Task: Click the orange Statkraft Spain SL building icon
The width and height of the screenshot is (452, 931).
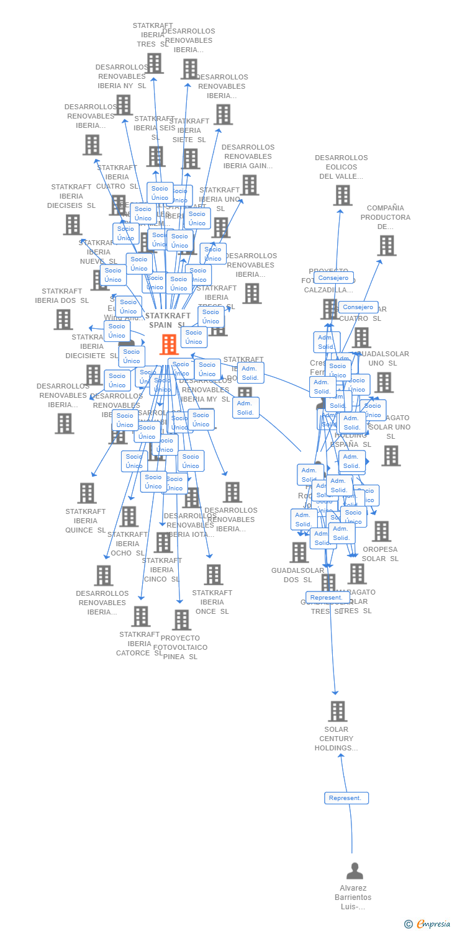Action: click(169, 344)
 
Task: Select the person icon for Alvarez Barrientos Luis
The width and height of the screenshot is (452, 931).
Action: click(355, 871)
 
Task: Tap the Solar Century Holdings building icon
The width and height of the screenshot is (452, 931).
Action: click(337, 711)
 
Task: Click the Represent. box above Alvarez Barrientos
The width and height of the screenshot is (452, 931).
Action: click(346, 798)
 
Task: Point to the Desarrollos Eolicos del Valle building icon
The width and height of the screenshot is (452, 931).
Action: click(342, 196)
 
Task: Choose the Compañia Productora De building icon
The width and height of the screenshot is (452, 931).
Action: click(386, 246)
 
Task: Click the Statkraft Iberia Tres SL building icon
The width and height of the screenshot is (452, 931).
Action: click(154, 63)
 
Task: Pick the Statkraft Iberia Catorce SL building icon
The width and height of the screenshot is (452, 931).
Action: click(141, 616)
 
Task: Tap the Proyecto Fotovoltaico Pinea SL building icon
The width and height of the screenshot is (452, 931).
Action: click(181, 619)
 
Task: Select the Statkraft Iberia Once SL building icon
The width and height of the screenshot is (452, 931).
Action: click(213, 575)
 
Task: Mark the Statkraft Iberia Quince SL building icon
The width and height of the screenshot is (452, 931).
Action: click(87, 493)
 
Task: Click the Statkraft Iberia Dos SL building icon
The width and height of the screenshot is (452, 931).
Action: click(63, 320)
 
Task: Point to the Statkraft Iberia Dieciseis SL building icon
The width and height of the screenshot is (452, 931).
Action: click(72, 225)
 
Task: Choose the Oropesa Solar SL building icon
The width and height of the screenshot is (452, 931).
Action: click(381, 531)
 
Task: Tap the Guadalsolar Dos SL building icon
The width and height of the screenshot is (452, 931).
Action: click(299, 552)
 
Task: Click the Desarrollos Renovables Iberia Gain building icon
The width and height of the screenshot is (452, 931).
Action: click(249, 185)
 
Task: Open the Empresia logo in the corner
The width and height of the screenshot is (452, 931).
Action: click(428, 924)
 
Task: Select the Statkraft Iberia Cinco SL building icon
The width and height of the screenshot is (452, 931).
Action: click(163, 542)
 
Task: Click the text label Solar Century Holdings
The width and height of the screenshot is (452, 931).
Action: click(337, 739)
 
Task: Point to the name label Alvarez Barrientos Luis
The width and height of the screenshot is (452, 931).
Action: click(353, 897)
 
